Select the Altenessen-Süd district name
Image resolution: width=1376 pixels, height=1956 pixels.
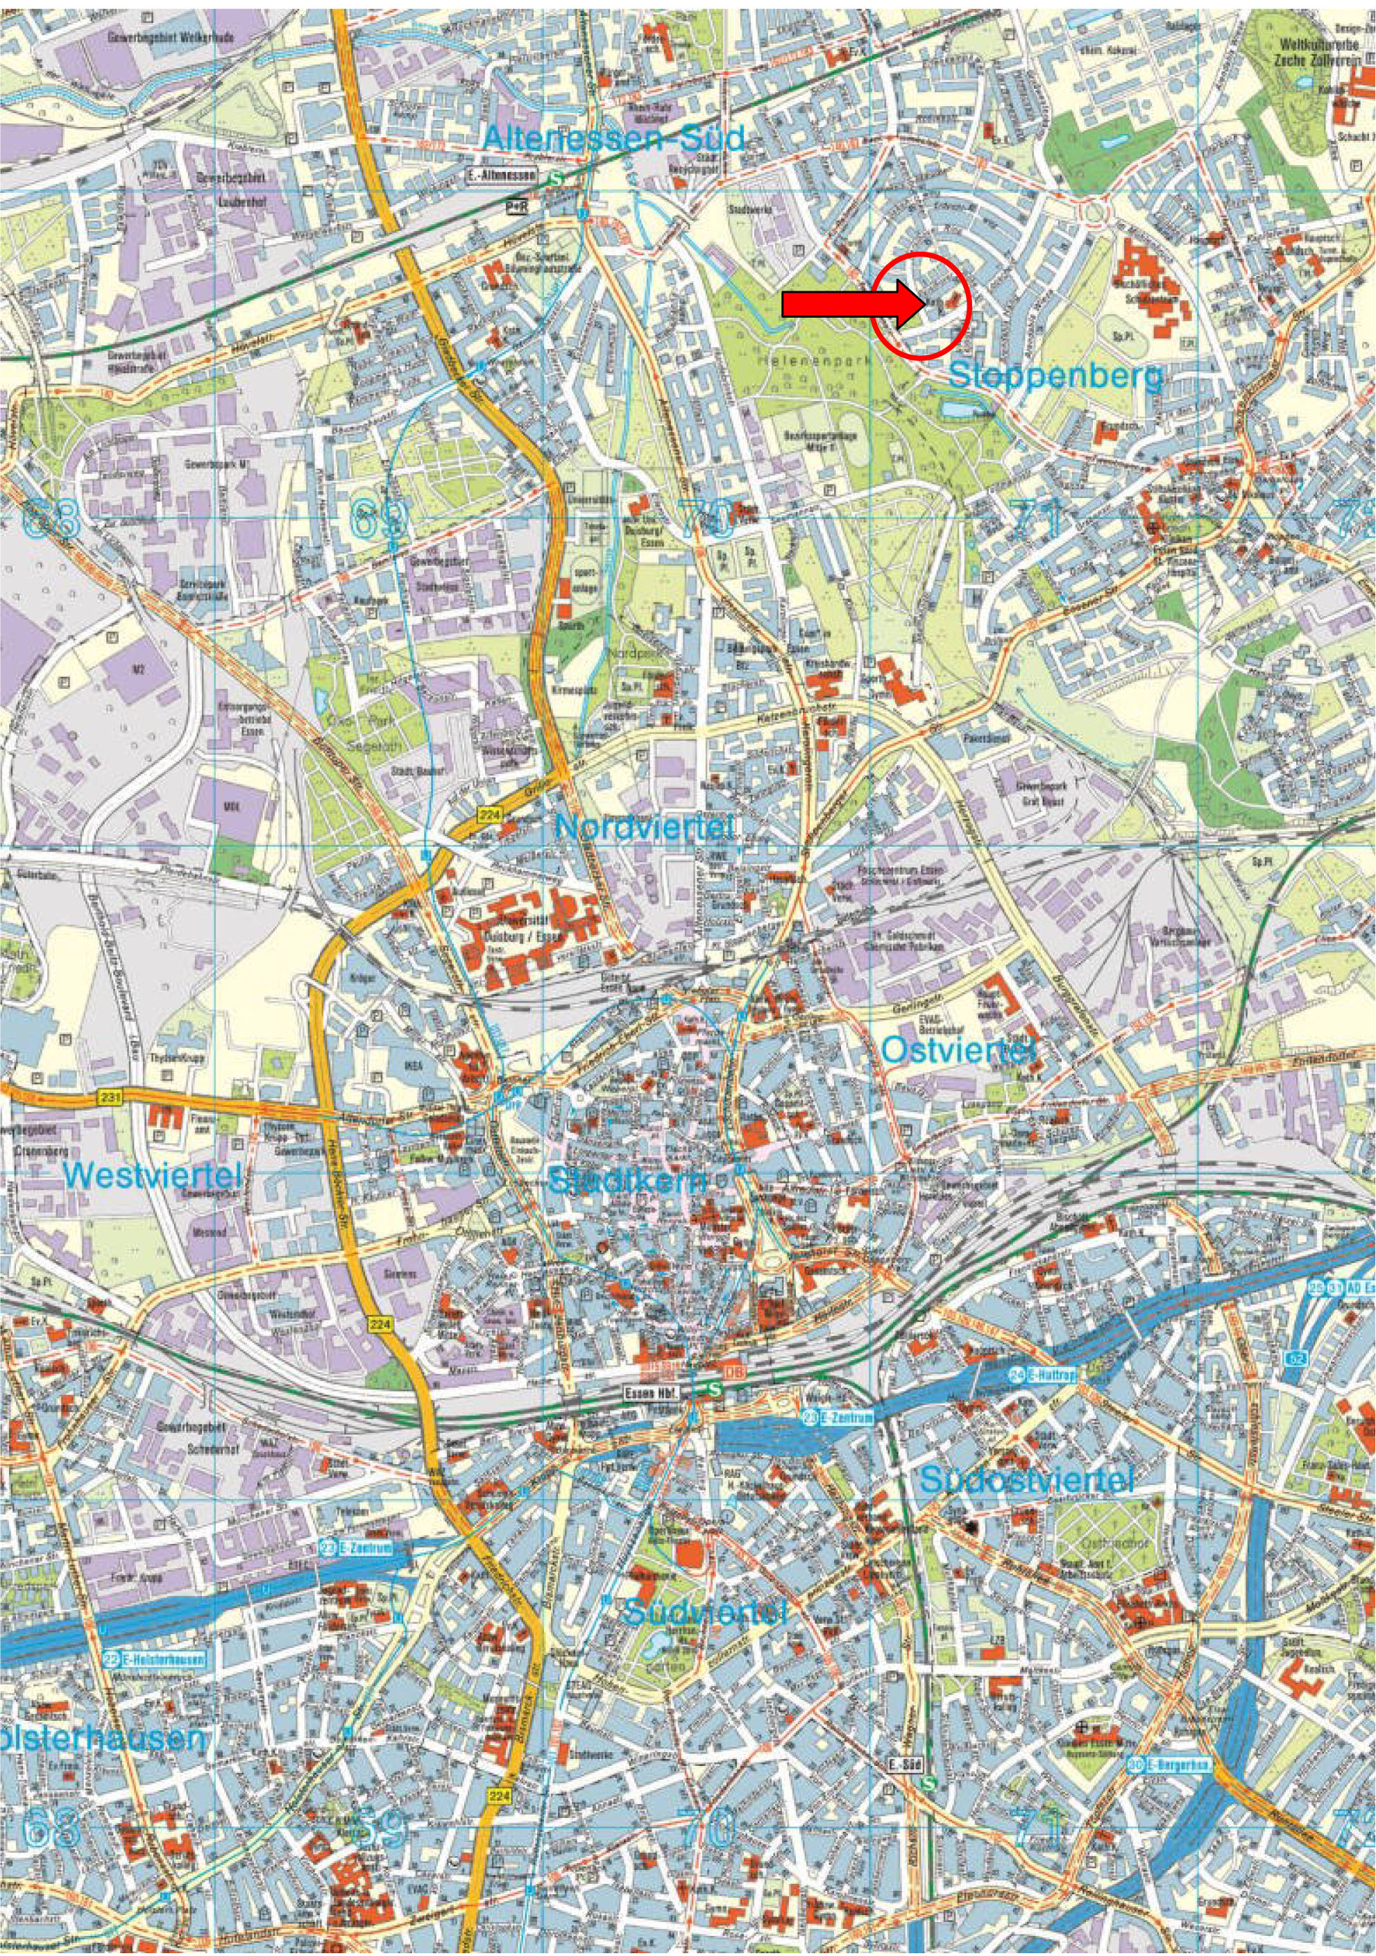tap(613, 139)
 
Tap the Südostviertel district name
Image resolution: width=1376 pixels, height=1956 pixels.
tap(1027, 1479)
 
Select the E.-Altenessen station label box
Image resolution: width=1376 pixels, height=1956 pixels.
tap(502, 175)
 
